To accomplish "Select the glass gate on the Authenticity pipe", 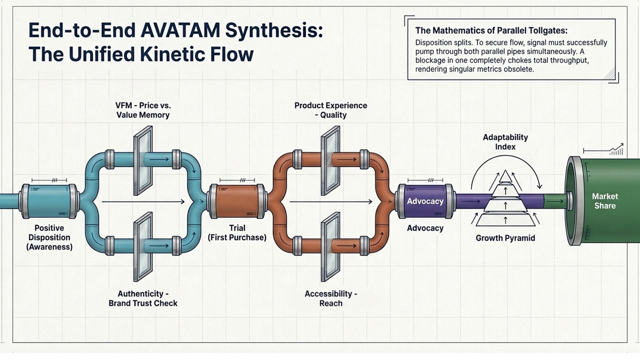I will point(143,246).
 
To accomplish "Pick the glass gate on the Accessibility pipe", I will point(329,246).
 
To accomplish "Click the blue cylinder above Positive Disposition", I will point(48,201).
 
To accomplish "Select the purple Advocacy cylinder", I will point(425,201).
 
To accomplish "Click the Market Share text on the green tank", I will point(604,201).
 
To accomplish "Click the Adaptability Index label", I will point(505,142).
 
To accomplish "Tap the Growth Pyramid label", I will point(505,238).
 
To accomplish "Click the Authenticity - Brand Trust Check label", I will point(143,298).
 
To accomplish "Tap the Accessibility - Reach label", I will point(330,298).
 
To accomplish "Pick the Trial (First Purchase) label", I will point(236,233).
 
